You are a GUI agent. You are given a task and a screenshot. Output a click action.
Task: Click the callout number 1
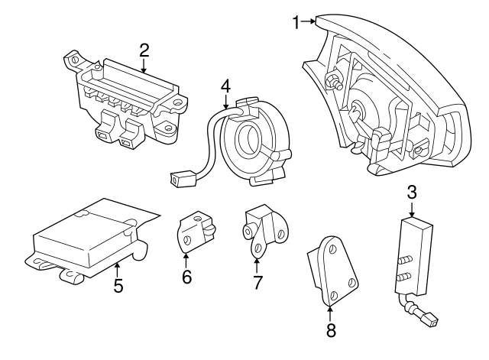click(x=296, y=22)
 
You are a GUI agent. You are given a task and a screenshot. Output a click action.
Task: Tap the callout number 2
click(x=144, y=51)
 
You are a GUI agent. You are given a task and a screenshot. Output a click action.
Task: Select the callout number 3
click(x=412, y=193)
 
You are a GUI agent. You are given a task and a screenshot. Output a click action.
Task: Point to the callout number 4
click(x=225, y=87)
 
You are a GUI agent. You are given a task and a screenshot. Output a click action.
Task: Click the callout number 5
click(x=118, y=287)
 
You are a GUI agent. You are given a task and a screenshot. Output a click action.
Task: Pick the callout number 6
click(x=186, y=276)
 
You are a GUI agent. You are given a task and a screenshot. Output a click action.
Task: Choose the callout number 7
click(x=257, y=283)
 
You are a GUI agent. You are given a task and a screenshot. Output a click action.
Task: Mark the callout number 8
click(x=331, y=331)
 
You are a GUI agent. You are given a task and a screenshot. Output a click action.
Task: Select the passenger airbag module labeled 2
click(x=126, y=99)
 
